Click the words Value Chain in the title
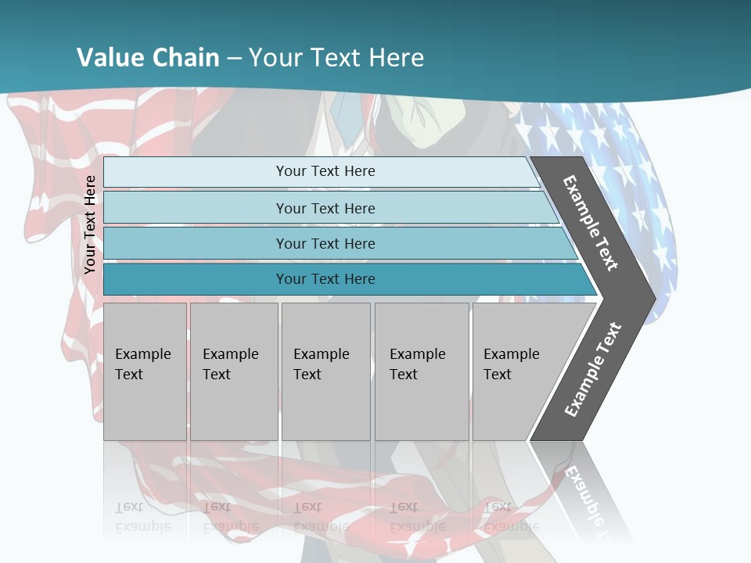(x=148, y=57)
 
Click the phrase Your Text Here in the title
(x=336, y=57)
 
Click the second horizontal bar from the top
(x=325, y=208)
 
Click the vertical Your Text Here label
(x=90, y=224)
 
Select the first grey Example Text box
(x=145, y=371)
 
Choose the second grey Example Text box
(x=233, y=371)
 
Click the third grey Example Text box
(x=325, y=371)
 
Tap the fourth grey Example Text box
(x=421, y=371)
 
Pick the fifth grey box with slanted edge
(x=520, y=371)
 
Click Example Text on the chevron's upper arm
(x=591, y=223)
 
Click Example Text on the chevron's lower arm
(x=593, y=369)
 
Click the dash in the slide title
(x=235, y=58)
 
